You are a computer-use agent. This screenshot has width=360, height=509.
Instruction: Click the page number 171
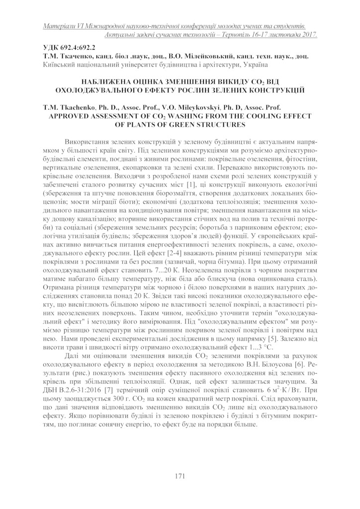click(x=180, y=476)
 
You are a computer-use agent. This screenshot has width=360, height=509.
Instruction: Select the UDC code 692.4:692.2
click(x=75, y=48)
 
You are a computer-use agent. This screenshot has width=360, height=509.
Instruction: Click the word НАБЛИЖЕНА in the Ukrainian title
click(x=102, y=81)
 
